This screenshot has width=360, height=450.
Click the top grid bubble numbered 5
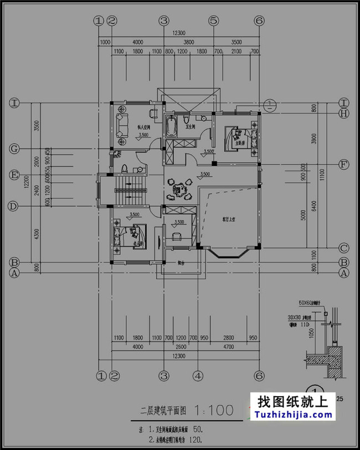pos(214,21)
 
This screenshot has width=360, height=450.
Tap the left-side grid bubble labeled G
pos(14,149)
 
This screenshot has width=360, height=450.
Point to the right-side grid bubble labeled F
pos(344,165)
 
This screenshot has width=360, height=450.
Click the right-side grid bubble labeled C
pos(344,248)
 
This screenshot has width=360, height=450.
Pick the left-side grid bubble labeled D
pos(14,206)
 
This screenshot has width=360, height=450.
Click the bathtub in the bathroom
pos(172,126)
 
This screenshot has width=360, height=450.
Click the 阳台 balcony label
pos(181,263)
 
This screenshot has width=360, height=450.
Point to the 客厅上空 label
pos(229,219)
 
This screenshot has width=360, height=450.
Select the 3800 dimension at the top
pos(188,42)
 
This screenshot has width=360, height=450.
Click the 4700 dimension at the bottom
pos(228,347)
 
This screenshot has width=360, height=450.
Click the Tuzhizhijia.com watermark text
pos(292,415)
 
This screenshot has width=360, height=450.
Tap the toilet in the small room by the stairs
pos(125,168)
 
